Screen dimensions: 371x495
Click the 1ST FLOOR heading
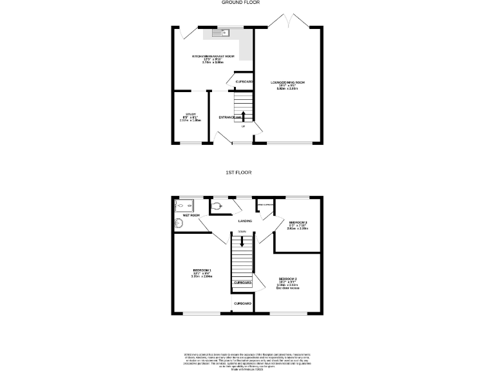(238, 173)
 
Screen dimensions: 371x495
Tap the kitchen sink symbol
(218, 32)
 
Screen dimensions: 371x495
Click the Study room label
(191, 117)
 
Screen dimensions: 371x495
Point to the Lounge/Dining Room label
(287, 85)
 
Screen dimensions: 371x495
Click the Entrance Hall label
(230, 117)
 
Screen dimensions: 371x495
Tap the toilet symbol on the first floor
(218, 205)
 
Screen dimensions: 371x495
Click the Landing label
(245, 221)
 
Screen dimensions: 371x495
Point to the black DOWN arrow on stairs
(242, 242)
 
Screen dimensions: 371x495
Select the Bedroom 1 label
(202, 272)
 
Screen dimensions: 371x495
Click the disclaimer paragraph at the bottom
(247, 360)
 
